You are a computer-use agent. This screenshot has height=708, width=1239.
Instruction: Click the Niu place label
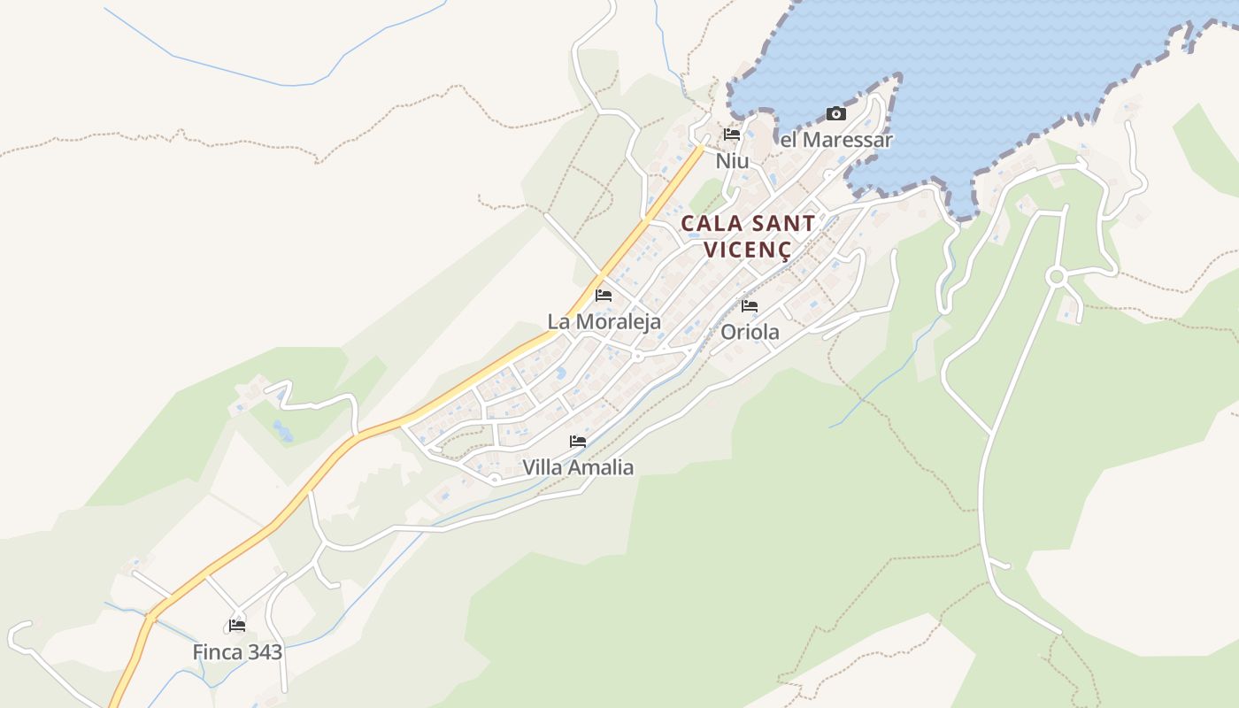point(732,161)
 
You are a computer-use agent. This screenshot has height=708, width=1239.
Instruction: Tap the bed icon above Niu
point(732,135)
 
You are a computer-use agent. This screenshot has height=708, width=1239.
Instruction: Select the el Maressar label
point(836,140)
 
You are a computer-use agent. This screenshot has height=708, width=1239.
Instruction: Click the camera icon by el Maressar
point(836,113)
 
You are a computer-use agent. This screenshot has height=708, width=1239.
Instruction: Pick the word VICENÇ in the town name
point(747,250)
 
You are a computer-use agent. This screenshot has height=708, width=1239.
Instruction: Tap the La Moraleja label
point(604,321)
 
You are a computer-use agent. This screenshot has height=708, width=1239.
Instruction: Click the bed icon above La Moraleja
point(604,295)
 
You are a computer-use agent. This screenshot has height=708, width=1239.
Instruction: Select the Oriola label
point(750,333)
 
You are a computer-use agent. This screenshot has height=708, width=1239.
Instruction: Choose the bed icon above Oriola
point(750,306)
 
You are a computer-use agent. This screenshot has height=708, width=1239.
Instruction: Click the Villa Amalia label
point(578,467)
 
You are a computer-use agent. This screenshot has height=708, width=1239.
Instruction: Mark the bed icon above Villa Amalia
point(578,441)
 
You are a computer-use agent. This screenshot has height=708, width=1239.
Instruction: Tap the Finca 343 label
point(237,653)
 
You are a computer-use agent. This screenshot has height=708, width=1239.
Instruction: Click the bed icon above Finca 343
point(236,626)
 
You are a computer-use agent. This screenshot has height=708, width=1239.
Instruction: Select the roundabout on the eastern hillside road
point(1055,277)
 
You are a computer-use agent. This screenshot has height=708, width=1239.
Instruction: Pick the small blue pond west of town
point(282,432)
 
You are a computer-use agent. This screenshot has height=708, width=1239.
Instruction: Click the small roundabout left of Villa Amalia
point(495,479)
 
